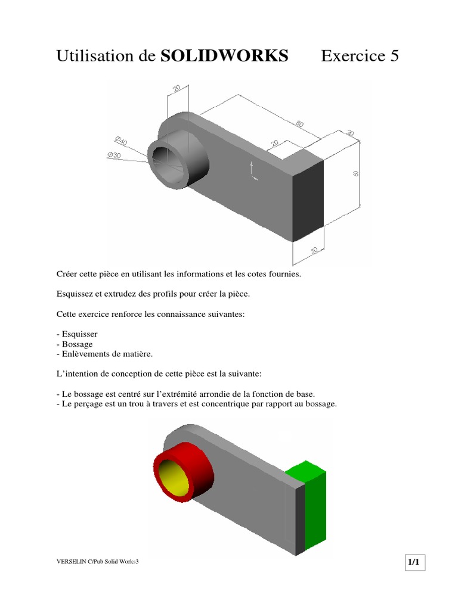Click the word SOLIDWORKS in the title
pos(224,55)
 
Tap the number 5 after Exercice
pos(394,55)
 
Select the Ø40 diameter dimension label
pos(120,141)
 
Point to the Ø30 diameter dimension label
pos(114,155)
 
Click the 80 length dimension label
pos(299,124)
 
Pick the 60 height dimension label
pos(355,173)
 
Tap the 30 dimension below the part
pos(314,250)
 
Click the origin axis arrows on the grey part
pos(253,171)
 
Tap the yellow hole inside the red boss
pos(173,477)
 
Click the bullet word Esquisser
pos(79,334)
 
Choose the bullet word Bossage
pos(77,344)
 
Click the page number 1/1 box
pos(414,562)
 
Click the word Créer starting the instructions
pos(66,274)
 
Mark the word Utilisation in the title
pos(95,55)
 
